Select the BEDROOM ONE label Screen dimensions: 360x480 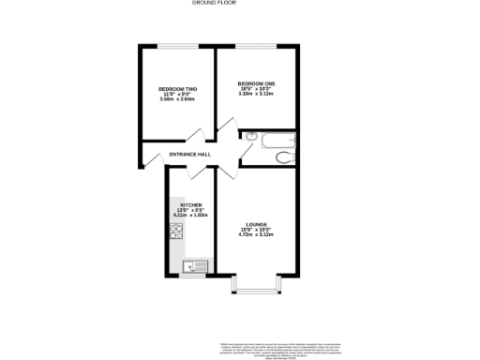[x=256, y=82]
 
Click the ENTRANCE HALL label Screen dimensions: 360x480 [x=189, y=155]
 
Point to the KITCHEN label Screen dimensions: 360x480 [x=191, y=204]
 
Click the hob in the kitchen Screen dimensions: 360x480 [x=175, y=231]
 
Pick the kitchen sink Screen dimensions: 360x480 [x=195, y=265]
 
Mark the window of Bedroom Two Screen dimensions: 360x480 [x=176, y=46]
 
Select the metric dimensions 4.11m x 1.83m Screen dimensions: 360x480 [x=190, y=216]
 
